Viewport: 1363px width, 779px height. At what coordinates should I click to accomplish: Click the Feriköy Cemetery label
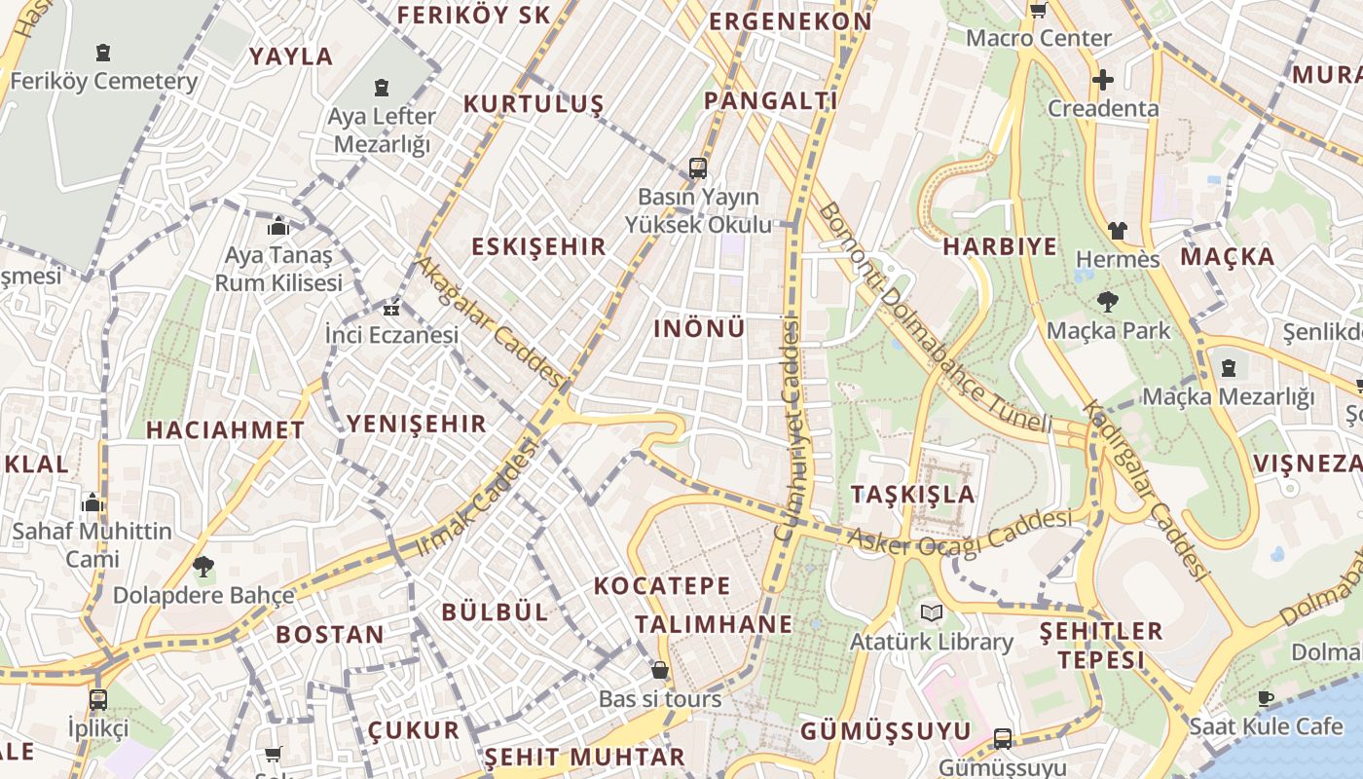[103, 82]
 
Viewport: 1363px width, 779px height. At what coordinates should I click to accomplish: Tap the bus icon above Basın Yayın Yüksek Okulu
[698, 167]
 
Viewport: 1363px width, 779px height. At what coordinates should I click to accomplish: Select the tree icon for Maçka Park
[1107, 301]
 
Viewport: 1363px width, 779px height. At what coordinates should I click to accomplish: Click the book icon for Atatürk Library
[932, 612]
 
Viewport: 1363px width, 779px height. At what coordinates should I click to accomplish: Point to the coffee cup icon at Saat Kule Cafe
[1265, 698]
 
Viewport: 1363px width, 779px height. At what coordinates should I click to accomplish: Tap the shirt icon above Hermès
[1117, 231]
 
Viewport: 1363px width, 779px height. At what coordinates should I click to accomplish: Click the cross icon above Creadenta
[1102, 80]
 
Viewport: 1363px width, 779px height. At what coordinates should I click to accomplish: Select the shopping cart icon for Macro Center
[1038, 11]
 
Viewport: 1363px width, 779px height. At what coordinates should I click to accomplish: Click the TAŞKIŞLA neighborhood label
[912, 494]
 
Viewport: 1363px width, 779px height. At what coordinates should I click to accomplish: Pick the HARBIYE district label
[999, 246]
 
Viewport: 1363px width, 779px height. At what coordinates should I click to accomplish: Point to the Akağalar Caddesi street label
[490, 320]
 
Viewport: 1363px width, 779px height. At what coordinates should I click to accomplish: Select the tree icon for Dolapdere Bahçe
[203, 566]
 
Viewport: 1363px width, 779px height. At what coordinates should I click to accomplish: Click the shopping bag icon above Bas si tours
[660, 670]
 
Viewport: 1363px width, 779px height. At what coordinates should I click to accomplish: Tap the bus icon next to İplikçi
[98, 699]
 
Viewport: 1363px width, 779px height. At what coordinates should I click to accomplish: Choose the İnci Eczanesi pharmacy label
[391, 335]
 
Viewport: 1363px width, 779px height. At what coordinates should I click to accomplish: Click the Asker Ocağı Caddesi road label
[959, 532]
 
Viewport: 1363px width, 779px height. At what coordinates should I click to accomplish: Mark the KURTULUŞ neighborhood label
[534, 104]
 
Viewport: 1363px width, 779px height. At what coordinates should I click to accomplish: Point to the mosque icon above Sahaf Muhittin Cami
[92, 502]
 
